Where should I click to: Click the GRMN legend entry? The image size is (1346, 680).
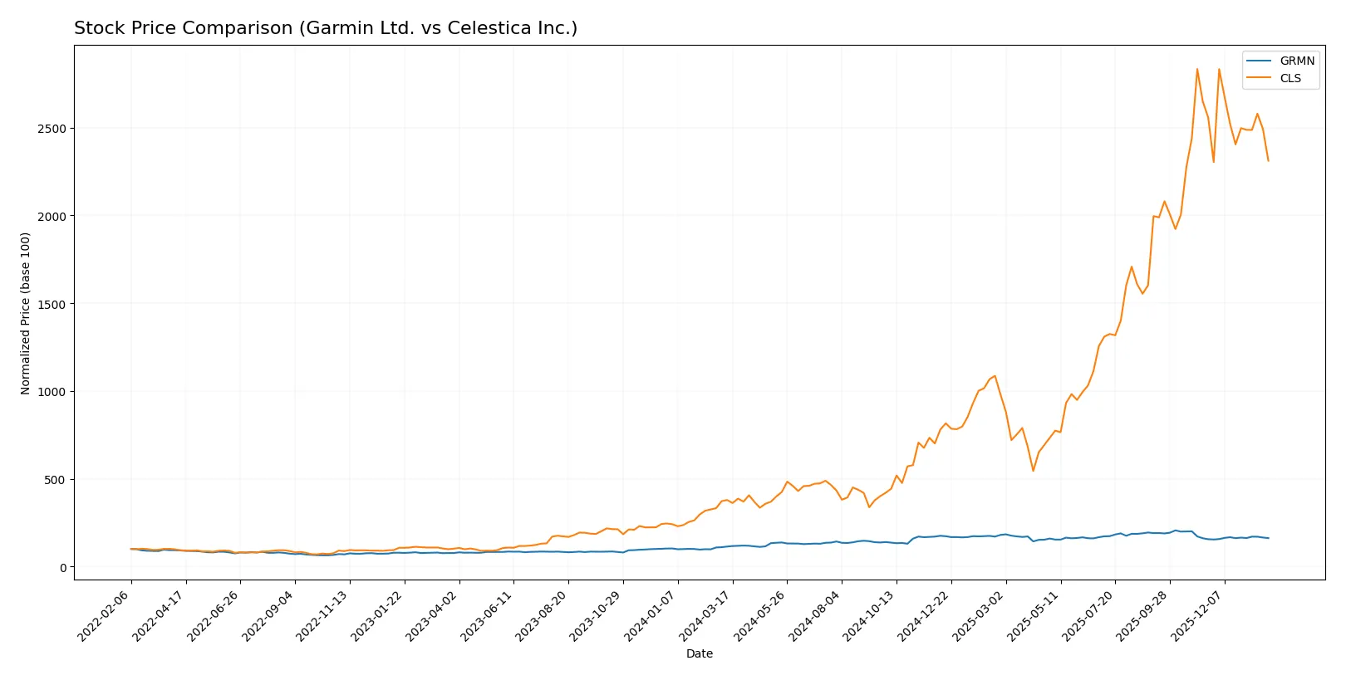coord(1296,61)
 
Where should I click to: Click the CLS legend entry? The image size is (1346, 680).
coord(1290,78)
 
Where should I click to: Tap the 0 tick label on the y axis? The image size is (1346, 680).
coord(63,567)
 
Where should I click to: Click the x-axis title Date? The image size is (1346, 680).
coord(699,654)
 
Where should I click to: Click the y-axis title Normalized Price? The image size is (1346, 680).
coord(26,313)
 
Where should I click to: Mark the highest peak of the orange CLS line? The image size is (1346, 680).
coord(1197,69)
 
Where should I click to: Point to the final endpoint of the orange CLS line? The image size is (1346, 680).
coord(1268,160)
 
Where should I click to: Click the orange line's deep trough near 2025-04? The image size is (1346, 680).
coord(1034,471)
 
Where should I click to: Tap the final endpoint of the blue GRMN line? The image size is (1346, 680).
coord(1268,538)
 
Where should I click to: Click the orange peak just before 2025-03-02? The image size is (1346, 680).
coord(995,376)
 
